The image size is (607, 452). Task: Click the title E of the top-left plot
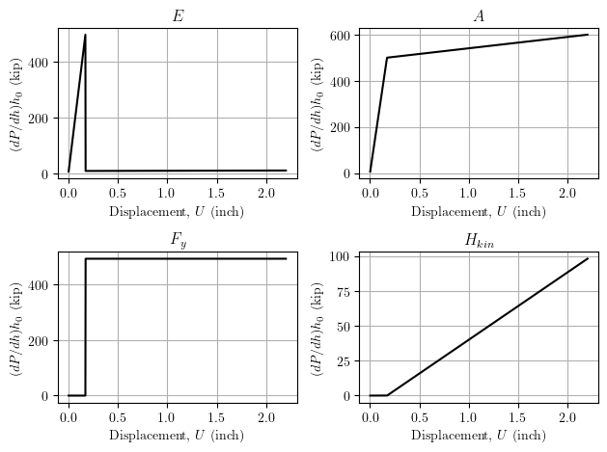coord(178,16)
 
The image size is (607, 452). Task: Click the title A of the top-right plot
coord(479,16)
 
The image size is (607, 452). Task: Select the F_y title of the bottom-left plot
coord(178,241)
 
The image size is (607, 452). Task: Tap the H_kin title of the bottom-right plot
coord(479,240)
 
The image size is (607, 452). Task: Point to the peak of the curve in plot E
coord(85,36)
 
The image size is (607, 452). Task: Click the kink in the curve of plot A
coord(387,58)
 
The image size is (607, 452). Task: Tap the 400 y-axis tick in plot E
coord(41,63)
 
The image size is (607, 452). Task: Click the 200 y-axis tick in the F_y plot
coord(41,340)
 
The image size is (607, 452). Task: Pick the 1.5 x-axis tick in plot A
coord(518,193)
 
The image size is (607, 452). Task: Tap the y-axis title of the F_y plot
coord(15,327)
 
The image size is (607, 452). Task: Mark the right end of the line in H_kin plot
coord(588,258)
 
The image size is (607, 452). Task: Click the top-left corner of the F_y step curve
coord(86,258)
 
